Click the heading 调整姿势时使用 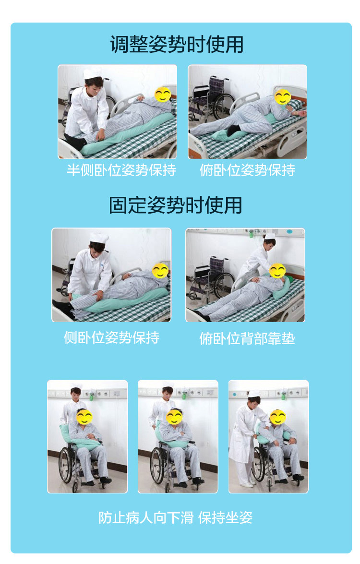coord(177,44)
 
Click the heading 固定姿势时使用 coord(176,205)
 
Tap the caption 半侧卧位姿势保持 coord(121,170)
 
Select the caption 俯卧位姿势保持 coord(247,170)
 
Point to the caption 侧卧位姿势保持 coord(111,337)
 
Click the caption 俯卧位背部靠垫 coord(247,338)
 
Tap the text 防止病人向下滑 coord(146,517)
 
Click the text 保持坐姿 coord(225,517)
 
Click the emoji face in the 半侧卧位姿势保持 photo coord(163,95)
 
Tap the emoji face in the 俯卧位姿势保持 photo coord(283,97)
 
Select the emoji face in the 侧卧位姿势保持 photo coord(160,271)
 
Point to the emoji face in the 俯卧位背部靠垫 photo coord(277,271)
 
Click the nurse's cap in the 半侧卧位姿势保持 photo coord(93,74)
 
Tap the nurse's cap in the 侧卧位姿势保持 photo coord(99,238)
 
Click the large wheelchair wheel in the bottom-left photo coord(65,465)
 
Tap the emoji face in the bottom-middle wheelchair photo coord(174,417)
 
